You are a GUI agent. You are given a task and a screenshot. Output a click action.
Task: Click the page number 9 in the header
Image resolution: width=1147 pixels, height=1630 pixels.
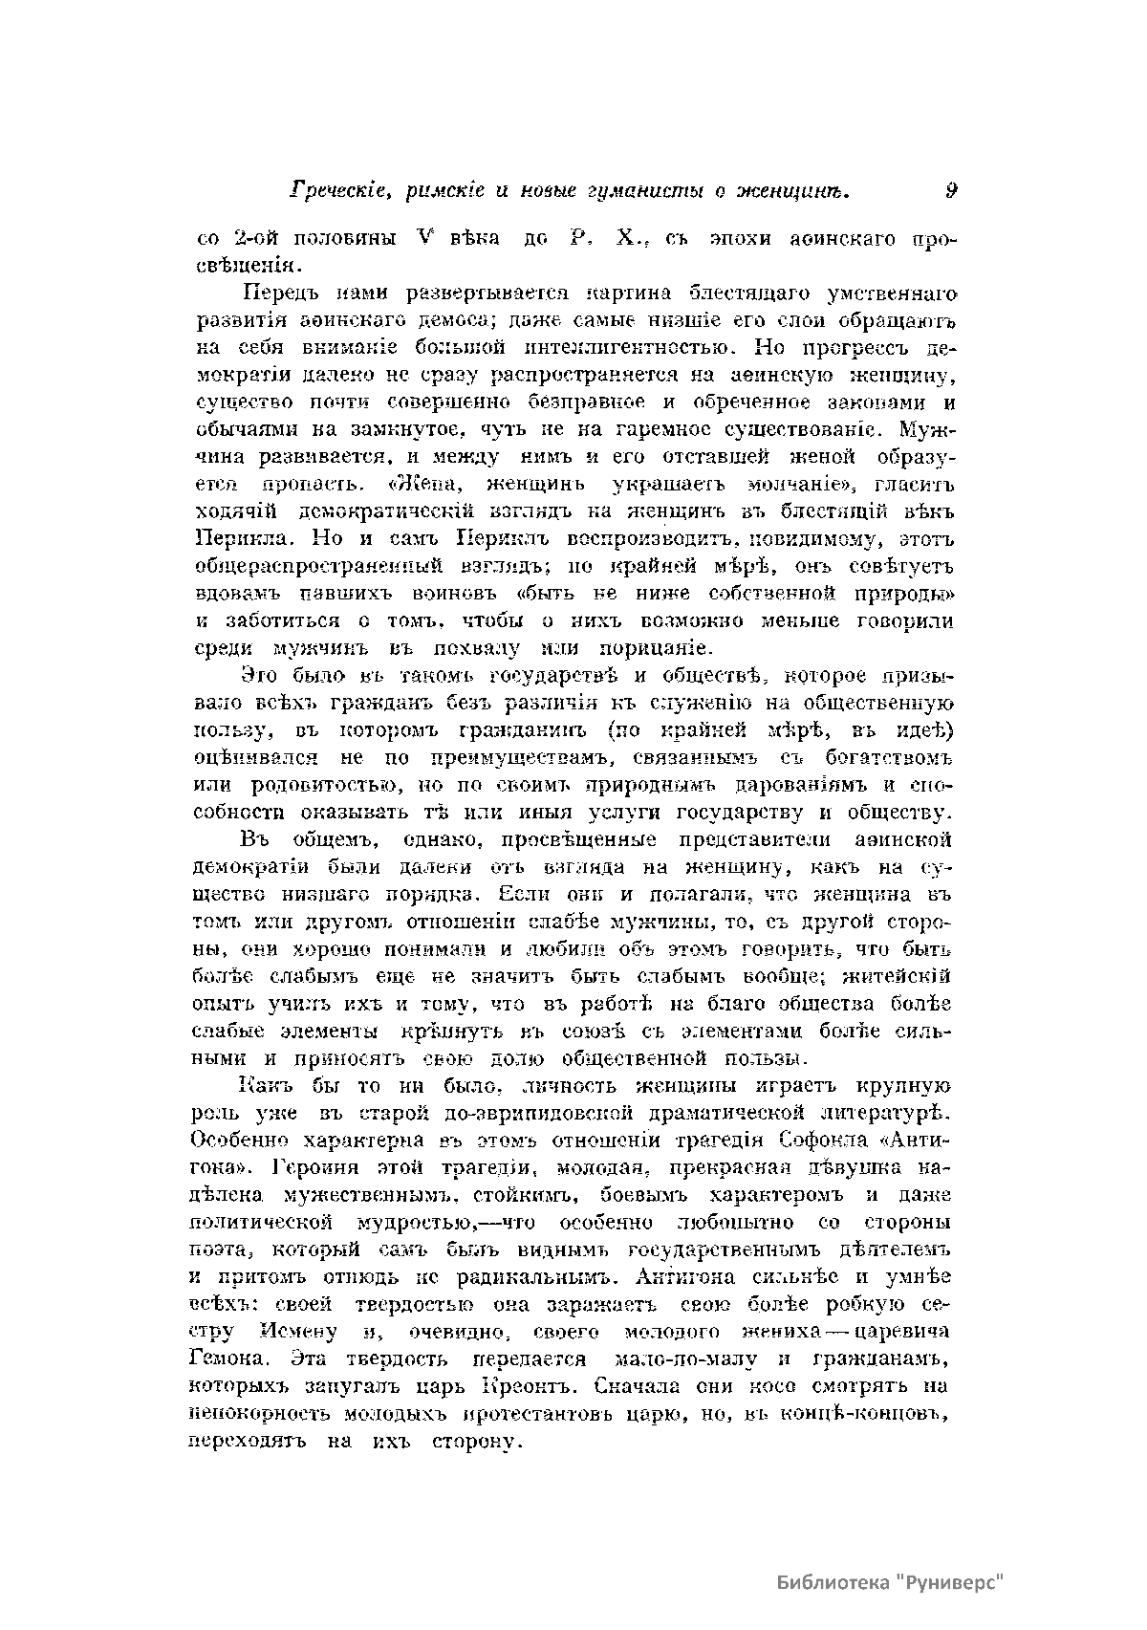(951, 190)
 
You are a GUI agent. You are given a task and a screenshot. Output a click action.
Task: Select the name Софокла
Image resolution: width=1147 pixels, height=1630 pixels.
(824, 1141)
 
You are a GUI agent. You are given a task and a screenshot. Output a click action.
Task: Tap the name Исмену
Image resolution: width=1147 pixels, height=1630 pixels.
(297, 1333)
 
